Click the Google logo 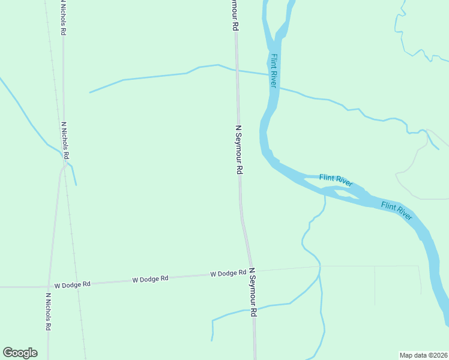[x=20, y=353]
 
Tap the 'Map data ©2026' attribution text [x=423, y=355]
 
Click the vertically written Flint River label [x=273, y=71]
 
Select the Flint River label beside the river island [x=336, y=180]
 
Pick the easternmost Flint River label [x=397, y=211]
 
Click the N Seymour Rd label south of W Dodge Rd [x=253, y=293]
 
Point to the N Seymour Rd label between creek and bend [x=238, y=149]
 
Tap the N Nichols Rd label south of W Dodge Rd [x=47, y=311]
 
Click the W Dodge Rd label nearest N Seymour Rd [x=228, y=274]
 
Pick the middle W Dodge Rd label [x=150, y=279]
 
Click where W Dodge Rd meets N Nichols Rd [x=49, y=286]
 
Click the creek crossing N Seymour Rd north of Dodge [x=236, y=70]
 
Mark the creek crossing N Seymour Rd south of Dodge [x=253, y=310]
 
